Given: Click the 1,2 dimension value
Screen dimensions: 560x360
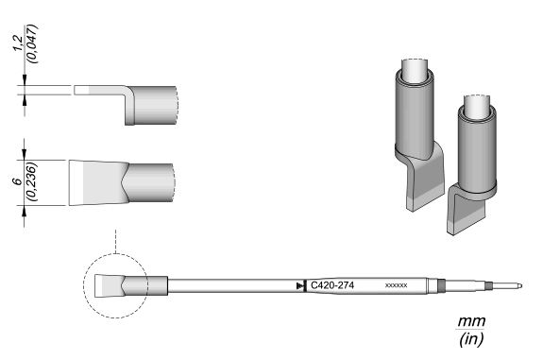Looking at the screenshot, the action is (x=19, y=43).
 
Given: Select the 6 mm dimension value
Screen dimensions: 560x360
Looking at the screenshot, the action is (x=17, y=181).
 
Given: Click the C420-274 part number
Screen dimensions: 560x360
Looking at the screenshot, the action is (x=332, y=285).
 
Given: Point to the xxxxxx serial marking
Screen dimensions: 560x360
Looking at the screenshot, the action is (x=396, y=285).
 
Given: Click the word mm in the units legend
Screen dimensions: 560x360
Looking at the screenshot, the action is (x=471, y=321).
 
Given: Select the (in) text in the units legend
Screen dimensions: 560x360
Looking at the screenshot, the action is (x=471, y=338).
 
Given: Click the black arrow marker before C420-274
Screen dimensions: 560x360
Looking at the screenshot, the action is (x=301, y=285).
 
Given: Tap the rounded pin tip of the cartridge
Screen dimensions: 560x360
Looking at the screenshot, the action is (x=519, y=285).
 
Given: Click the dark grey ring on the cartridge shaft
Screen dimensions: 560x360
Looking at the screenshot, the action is (x=441, y=285).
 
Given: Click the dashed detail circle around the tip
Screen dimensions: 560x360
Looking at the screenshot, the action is (x=83, y=285).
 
